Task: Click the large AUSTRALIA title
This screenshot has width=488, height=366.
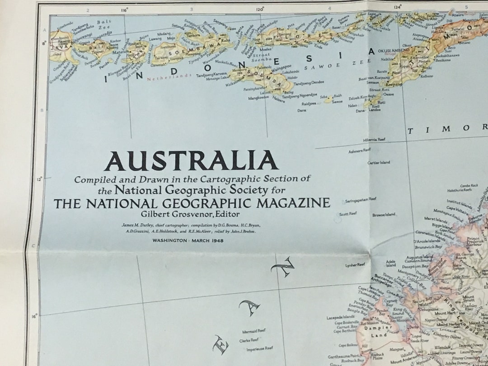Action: point(191,160)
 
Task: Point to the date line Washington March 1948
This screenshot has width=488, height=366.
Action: point(188,240)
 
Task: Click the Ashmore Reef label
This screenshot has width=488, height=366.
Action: point(360,150)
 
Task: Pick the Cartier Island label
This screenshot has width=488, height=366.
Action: point(379,162)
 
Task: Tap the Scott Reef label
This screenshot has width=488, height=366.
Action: point(348,213)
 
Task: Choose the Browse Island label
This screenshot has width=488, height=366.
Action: point(384,214)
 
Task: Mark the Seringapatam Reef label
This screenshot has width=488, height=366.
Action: point(361,199)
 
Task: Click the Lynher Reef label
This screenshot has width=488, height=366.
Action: point(355,265)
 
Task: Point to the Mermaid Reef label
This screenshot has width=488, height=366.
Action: point(253,331)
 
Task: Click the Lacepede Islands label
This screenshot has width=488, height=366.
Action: point(340,317)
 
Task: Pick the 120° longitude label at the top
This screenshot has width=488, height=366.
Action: point(260,9)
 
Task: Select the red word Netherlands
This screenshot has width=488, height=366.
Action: point(169,77)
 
